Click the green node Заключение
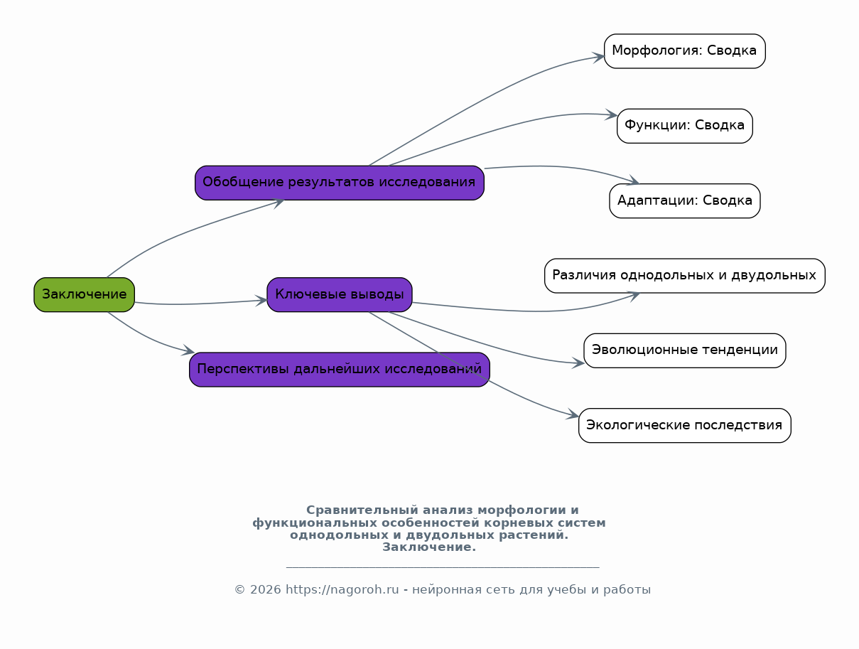tap(84, 295)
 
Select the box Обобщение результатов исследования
tap(340, 183)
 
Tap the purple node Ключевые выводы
tap(340, 295)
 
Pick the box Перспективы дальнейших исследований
tap(340, 370)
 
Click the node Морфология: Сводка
tap(684, 51)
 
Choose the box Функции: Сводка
tap(684, 126)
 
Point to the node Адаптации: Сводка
tap(684, 200)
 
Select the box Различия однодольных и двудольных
tap(684, 276)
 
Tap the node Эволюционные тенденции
tap(684, 350)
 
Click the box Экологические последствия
tap(684, 426)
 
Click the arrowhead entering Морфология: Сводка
tap(599, 57)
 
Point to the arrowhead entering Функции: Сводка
tap(611, 114)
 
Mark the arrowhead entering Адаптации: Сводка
tap(633, 180)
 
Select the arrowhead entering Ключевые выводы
tap(261, 301)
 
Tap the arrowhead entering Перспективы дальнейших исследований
tap(188, 350)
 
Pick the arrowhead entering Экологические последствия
tap(573, 414)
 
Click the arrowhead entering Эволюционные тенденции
tap(578, 363)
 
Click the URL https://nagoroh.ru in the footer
tap(342, 589)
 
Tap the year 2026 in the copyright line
tap(265, 589)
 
